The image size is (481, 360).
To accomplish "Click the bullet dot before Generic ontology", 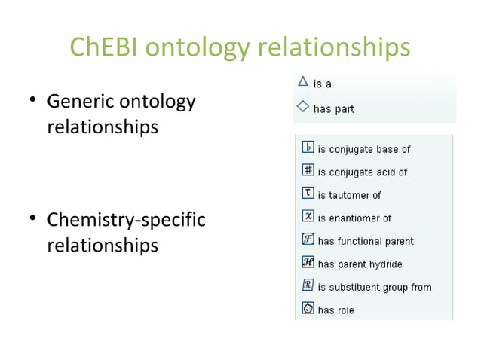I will click(33, 101).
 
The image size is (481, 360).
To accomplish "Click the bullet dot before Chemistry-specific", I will click(33, 221).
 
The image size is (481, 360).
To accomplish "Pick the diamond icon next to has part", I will click(302, 107).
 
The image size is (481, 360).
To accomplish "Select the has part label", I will click(334, 109).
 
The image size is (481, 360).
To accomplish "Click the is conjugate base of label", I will click(363, 150).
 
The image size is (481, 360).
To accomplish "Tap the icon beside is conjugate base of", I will click(308, 148).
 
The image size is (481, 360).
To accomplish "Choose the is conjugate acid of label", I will click(363, 172).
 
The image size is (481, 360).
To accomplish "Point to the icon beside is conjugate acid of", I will click(308, 170).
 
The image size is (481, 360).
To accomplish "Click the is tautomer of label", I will click(349, 195).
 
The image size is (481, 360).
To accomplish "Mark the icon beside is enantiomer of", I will click(308, 216).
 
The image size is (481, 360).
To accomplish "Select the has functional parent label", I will click(366, 241).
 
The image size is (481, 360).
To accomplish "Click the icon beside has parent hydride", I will click(308, 262).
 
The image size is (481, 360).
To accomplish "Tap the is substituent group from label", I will click(375, 287).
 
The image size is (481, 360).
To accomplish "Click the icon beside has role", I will click(308, 308).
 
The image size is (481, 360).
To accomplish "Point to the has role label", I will click(335, 310).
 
